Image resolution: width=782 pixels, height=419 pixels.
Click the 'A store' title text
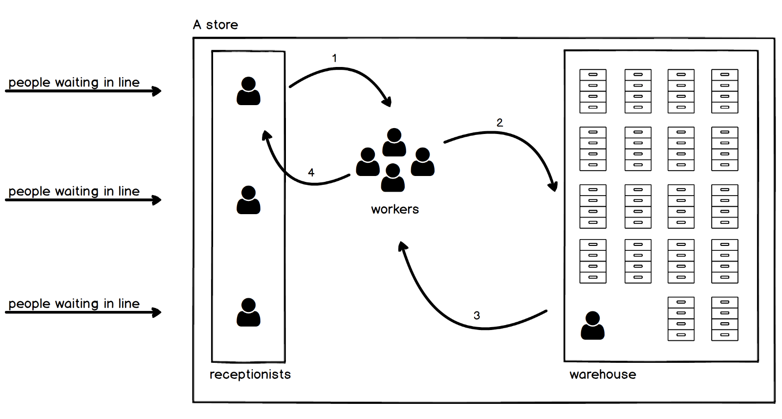tap(216, 25)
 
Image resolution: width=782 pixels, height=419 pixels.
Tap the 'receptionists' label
tap(250, 375)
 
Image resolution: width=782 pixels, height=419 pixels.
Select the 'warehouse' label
tap(603, 375)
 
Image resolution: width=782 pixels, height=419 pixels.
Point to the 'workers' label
tap(395, 209)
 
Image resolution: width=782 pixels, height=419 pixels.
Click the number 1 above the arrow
tap(334, 58)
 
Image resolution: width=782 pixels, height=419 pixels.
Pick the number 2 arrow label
tap(500, 123)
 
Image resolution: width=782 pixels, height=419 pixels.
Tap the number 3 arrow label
tap(477, 315)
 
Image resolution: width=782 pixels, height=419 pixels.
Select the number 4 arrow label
tap(311, 172)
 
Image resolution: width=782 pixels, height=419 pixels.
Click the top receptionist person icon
tap(248, 91)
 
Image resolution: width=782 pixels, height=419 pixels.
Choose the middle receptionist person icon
tap(248, 200)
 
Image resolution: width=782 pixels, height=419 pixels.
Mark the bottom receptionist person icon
tap(248, 312)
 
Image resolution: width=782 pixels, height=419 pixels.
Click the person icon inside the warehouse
tap(592, 326)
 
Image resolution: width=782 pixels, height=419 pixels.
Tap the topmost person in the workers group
tap(394, 142)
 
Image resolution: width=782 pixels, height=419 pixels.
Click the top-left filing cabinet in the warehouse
tap(593, 91)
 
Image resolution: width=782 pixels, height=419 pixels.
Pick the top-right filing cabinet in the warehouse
tap(725, 91)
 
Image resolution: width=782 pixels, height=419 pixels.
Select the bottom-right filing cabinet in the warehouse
tap(725, 319)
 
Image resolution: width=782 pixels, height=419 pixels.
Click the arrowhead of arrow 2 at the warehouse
tap(554, 186)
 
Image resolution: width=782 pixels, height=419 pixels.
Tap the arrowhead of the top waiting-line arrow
tap(157, 91)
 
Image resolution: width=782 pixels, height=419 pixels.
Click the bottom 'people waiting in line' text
tap(74, 304)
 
